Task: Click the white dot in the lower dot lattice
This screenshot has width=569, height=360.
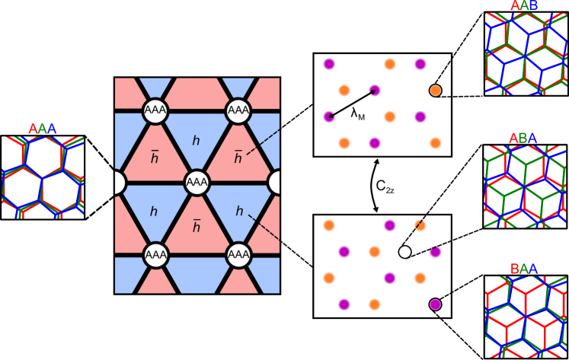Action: [404, 252]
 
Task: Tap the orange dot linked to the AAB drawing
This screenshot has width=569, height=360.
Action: [435, 91]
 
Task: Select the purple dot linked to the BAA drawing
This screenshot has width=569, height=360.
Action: [435, 304]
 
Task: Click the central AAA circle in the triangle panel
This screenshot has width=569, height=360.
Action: [197, 183]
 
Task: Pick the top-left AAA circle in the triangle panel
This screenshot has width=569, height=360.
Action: [155, 111]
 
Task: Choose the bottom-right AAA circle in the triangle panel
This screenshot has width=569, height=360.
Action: [238, 254]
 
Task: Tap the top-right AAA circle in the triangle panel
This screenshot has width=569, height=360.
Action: [238, 111]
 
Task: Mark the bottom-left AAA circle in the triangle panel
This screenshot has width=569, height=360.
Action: [155, 254]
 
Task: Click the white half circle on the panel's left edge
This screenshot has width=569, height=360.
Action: [119, 183]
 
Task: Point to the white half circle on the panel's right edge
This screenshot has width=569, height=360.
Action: [275, 183]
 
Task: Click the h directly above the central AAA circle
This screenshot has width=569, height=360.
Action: [196, 140]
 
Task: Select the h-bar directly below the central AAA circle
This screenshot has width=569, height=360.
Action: [196, 226]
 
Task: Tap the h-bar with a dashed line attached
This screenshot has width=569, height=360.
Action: [238, 158]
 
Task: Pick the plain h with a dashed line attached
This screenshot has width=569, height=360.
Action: [239, 211]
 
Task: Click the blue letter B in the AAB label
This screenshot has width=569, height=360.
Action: [533, 7]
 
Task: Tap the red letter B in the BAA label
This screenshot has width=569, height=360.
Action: [515, 269]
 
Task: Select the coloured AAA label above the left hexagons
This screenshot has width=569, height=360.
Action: [43, 129]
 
